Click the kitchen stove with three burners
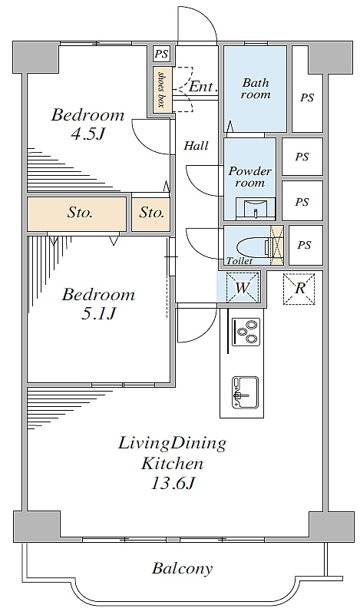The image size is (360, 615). (246, 332)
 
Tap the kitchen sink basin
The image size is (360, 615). (245, 392)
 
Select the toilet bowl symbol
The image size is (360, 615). (255, 247)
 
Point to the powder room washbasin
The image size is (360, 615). (256, 209)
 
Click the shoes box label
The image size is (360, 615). (160, 89)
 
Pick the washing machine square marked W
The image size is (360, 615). (243, 287)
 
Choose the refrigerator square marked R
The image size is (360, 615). (299, 289)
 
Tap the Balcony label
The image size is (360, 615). (183, 568)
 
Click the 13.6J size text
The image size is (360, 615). (173, 484)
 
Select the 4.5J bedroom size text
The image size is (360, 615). (88, 134)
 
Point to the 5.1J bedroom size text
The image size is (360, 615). (98, 313)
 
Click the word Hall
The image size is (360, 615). (196, 146)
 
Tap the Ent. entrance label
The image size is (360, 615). (203, 87)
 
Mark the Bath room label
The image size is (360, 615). (256, 88)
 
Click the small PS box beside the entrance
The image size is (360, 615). (161, 53)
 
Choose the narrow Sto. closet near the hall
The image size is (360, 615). (151, 213)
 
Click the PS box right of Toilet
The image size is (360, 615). (306, 245)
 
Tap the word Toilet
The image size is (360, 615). (239, 261)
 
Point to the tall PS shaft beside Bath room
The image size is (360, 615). (308, 89)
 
